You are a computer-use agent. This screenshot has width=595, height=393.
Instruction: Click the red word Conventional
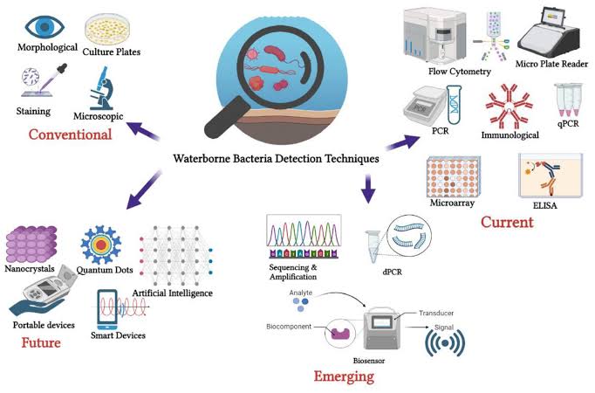coord(70,134)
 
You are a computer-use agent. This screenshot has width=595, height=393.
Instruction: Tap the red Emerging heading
coord(344,376)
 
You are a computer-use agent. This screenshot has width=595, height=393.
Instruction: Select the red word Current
coord(507,222)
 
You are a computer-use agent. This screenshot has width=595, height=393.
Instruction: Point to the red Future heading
coord(41,342)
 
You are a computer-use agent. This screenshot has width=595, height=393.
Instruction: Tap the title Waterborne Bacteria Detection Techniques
coord(275,160)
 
